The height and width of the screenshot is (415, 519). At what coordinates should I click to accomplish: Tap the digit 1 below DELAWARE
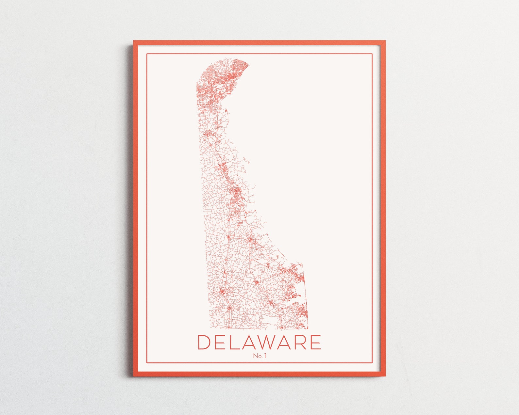(x=265, y=356)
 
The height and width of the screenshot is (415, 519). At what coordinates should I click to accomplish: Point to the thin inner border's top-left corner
(x=147, y=54)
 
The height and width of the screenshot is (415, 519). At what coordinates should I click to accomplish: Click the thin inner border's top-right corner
(x=373, y=54)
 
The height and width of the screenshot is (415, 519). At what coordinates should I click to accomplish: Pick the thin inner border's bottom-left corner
(x=147, y=363)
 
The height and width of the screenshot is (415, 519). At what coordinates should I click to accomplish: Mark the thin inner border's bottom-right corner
(x=373, y=363)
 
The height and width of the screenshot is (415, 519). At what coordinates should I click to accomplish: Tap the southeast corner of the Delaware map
(x=307, y=328)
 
